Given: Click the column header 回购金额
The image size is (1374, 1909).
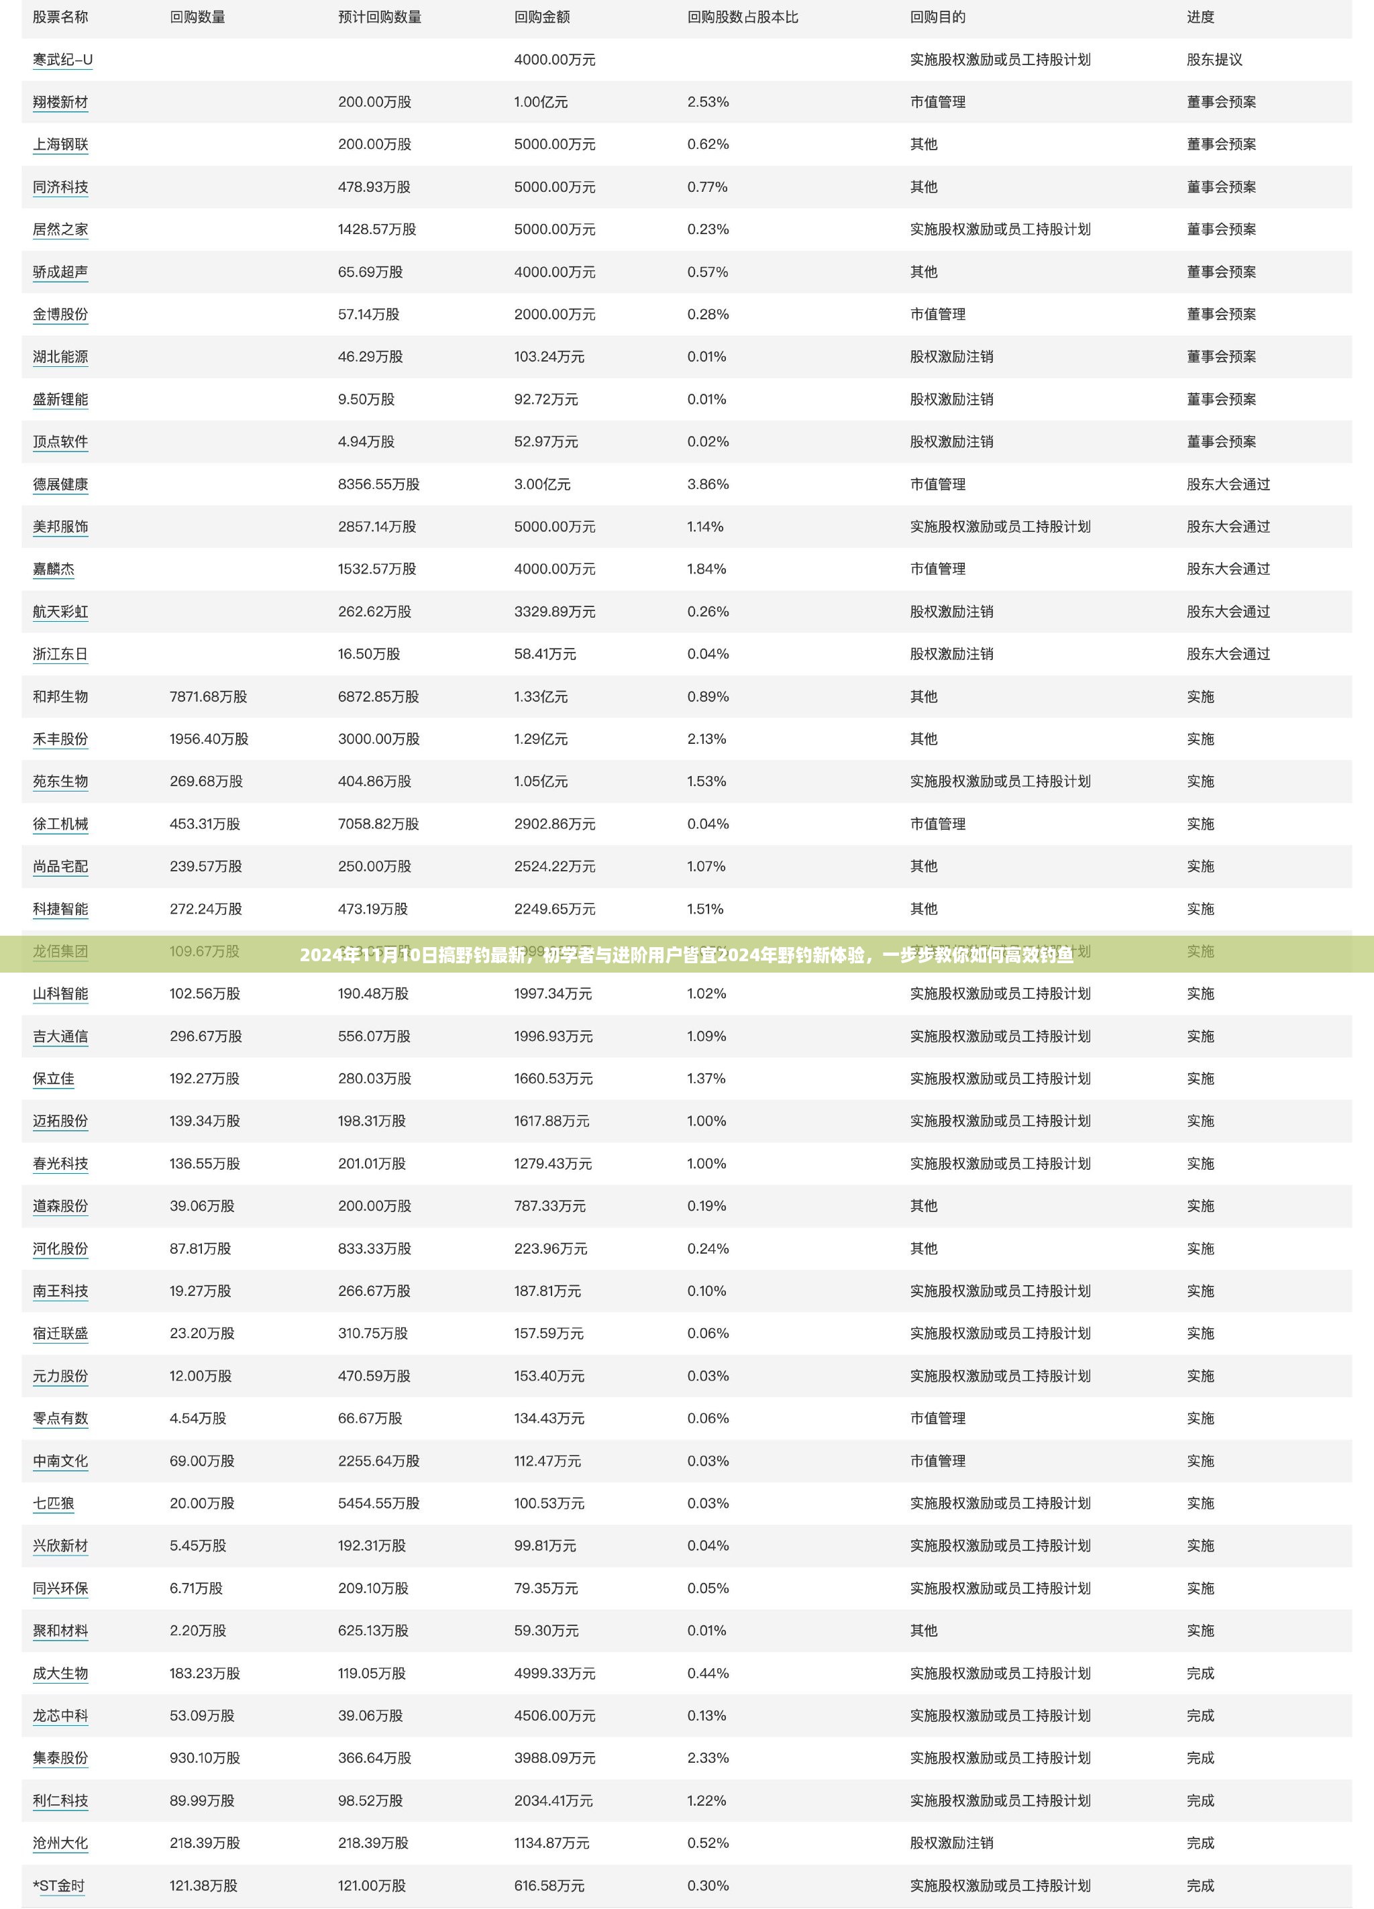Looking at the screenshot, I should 541,17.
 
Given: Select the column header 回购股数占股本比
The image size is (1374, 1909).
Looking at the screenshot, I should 742,17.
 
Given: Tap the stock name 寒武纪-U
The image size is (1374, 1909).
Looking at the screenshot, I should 62,60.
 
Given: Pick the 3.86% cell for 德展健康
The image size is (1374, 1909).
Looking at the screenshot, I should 707,484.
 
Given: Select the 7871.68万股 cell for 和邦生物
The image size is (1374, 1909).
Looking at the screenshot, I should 208,696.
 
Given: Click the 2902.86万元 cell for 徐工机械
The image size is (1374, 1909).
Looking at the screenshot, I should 554,823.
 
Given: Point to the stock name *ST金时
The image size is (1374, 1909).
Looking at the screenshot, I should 58,1886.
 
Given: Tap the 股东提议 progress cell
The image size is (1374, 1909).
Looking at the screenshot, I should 1214,60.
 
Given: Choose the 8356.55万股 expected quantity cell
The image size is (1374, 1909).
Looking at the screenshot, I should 378,484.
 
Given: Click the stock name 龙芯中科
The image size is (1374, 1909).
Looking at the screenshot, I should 60,1715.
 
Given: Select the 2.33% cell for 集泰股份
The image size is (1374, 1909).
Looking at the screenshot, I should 707,1757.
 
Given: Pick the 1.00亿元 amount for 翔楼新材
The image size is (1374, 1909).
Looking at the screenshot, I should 541,102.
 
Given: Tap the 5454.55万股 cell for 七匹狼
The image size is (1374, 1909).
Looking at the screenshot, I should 378,1503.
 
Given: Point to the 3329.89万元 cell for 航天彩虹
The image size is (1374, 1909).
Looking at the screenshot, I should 554,611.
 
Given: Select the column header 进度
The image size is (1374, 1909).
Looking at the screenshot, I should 1200,17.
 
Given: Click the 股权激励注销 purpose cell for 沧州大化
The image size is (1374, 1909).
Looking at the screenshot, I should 951,1843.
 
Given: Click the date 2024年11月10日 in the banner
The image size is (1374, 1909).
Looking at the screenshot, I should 368,955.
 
